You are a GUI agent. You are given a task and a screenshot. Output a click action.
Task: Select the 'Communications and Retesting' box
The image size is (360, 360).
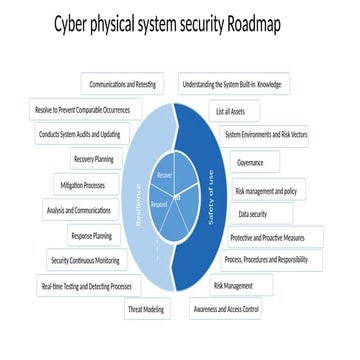(x=129, y=85)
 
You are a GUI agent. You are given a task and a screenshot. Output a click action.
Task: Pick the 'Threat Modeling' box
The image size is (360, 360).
(x=146, y=310)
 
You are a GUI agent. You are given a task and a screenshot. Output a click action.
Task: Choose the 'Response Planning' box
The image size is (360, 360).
(x=91, y=236)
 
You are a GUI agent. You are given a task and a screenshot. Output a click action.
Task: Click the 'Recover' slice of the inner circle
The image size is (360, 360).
(x=166, y=177)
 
